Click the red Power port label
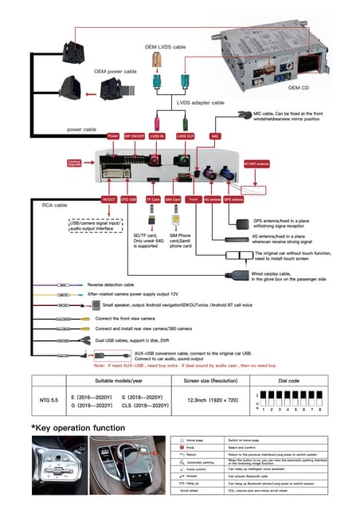[112, 136]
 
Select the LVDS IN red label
[156, 136]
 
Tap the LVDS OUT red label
[185, 136]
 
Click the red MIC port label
[215, 136]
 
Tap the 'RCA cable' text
[53, 205]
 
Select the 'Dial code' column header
[289, 382]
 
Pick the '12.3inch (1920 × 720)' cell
[213, 400]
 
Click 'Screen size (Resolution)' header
[213, 382]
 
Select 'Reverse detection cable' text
[111, 284]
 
